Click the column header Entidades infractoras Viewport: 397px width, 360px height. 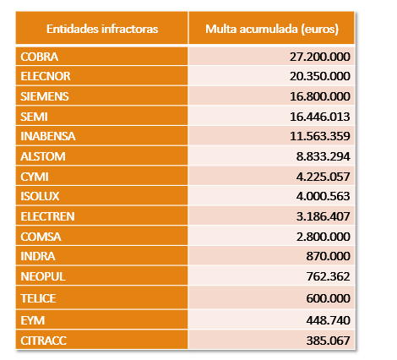pos(102,29)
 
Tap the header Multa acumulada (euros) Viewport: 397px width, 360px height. pos(272,30)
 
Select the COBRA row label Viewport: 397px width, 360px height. pos(40,57)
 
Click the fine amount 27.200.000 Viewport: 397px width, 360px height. pos(320,57)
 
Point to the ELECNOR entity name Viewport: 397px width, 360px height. pos(46,76)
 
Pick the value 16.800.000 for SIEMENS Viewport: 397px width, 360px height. pos(320,96)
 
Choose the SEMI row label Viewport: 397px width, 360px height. pos(34,117)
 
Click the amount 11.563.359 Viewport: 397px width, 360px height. pos(320,136)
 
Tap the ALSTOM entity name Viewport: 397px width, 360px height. pos(43,156)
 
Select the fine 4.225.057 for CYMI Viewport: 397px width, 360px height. pos(323,177)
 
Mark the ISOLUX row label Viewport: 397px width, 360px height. pos(40,196)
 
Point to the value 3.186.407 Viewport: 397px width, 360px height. pos(323,216)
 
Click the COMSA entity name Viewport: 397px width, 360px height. pos(41,237)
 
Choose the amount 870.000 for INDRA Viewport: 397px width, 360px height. pos(328,256)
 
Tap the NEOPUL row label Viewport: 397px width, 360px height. pos(43,276)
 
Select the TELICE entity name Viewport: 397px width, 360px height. pos(38,298)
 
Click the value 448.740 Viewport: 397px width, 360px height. pos(328,320)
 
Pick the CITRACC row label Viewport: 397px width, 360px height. pos(44,341)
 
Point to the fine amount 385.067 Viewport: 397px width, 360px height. pos(328,341)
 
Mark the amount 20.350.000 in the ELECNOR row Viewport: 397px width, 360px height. pos(320,76)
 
